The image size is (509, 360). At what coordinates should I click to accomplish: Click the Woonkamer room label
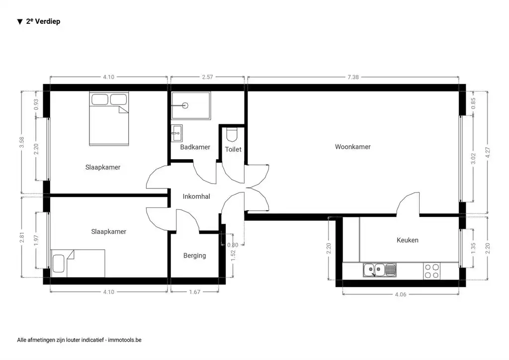352,147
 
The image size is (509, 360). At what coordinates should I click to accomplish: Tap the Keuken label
407,240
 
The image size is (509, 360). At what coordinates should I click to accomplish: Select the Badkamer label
195,147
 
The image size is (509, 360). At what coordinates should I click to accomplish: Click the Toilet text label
233,149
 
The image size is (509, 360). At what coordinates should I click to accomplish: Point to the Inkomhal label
196,196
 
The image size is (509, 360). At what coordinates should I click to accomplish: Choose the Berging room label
194,256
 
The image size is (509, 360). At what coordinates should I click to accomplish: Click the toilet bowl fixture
232,134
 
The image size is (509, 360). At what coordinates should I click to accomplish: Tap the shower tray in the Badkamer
191,105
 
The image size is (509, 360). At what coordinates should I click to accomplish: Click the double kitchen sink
379,270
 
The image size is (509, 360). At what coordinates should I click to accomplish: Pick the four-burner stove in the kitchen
431,270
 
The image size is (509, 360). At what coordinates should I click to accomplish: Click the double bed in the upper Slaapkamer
109,118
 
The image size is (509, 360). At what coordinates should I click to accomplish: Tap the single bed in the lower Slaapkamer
78,263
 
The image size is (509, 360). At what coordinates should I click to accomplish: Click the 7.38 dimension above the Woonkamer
353,77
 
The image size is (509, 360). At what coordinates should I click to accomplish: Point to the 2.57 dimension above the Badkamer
208,77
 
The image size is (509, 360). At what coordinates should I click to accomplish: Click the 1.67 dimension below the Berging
194,292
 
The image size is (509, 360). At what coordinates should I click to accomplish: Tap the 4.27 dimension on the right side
488,152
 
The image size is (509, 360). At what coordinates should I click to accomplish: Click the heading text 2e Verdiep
43,21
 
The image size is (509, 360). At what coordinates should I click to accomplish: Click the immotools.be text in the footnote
125,340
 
